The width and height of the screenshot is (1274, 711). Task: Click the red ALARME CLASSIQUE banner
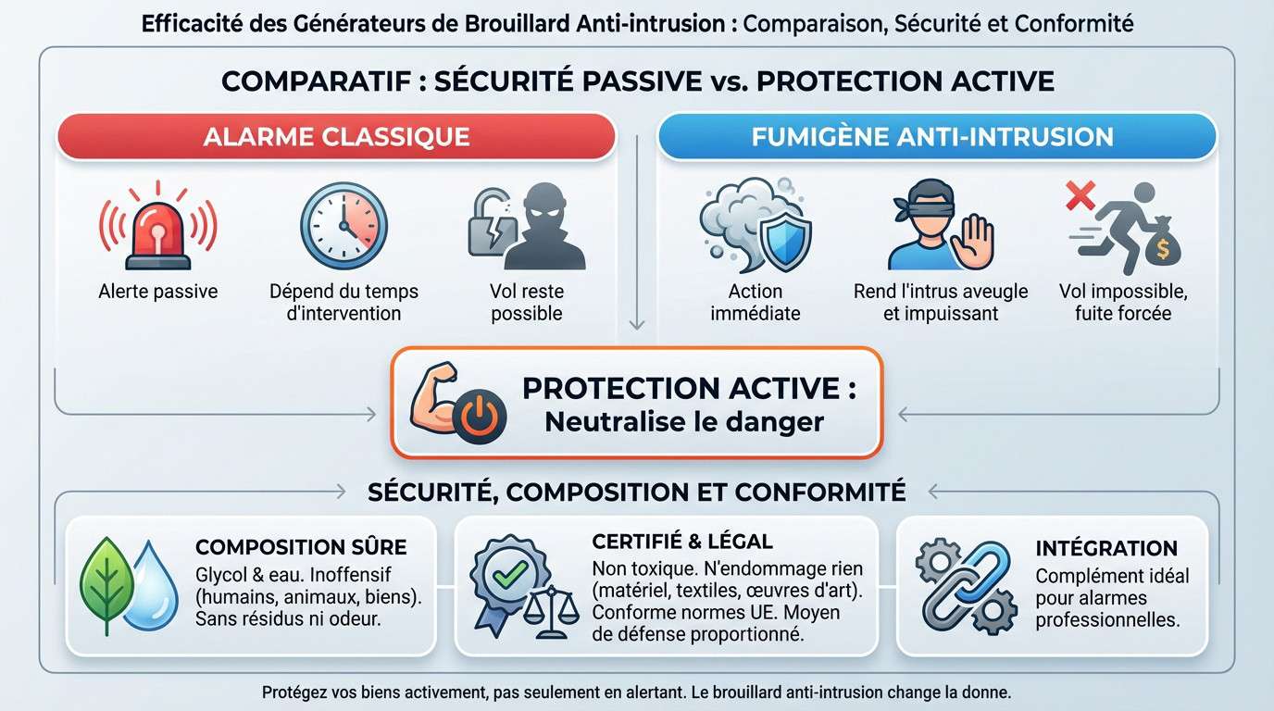(336, 137)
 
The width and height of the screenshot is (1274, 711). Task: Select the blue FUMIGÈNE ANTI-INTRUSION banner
(935, 137)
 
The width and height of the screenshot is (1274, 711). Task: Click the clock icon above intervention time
(343, 226)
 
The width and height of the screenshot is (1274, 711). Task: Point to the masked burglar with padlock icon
(527, 227)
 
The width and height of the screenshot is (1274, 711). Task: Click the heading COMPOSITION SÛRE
(301, 547)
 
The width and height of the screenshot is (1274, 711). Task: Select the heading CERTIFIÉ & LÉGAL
(681, 542)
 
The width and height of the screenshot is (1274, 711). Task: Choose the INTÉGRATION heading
(1106, 548)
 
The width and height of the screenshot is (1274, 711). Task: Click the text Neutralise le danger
(683, 421)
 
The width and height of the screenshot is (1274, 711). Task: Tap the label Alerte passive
(158, 292)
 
